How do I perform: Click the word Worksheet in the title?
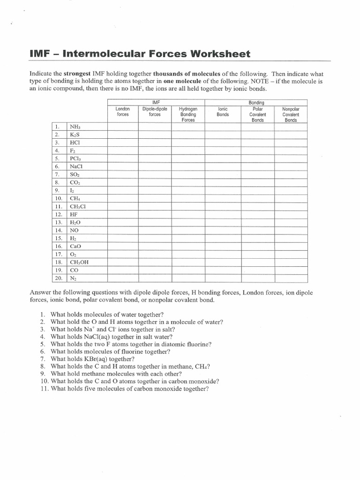tap(221, 54)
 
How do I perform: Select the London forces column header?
tap(123, 112)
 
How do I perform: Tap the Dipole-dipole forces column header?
tap(155, 112)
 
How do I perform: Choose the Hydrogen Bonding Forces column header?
tap(187, 114)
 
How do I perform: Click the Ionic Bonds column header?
tap(223, 112)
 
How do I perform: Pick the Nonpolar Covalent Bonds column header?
tap(291, 114)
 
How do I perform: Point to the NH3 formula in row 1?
tap(75, 127)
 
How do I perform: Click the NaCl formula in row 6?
tap(76, 166)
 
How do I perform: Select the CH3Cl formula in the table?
tap(78, 206)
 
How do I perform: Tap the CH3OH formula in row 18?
tap(79, 262)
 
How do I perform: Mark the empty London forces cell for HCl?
tap(123, 142)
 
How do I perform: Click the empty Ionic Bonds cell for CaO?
tap(223, 246)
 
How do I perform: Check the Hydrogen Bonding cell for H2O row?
tap(187, 222)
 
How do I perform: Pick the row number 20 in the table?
tap(59, 278)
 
